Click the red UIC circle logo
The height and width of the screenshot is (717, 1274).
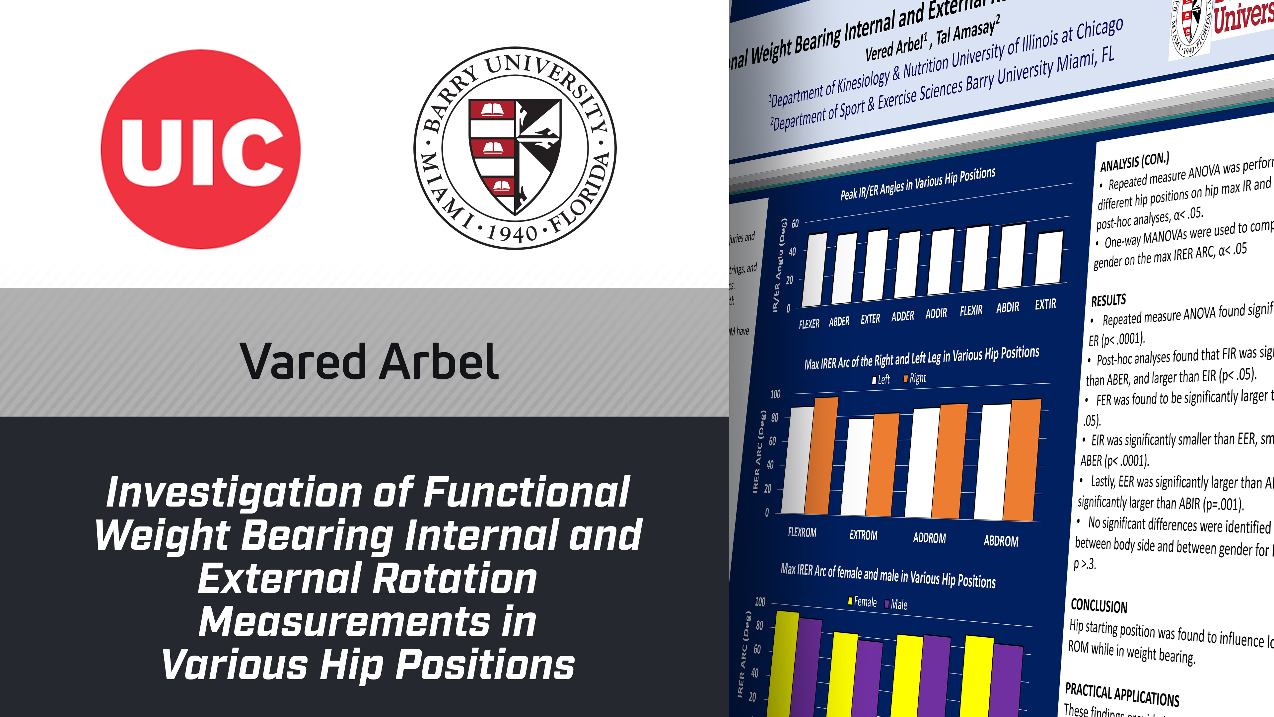[200, 149]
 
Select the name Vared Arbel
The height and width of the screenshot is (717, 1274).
[369, 362]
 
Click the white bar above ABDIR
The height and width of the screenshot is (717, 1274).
[1011, 256]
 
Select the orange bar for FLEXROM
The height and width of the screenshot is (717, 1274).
[821, 455]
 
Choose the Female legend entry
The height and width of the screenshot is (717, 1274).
[863, 602]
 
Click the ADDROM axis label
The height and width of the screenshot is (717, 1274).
[929, 538]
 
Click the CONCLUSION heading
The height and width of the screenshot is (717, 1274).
[1098, 606]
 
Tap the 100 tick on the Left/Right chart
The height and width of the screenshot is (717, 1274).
[775, 394]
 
